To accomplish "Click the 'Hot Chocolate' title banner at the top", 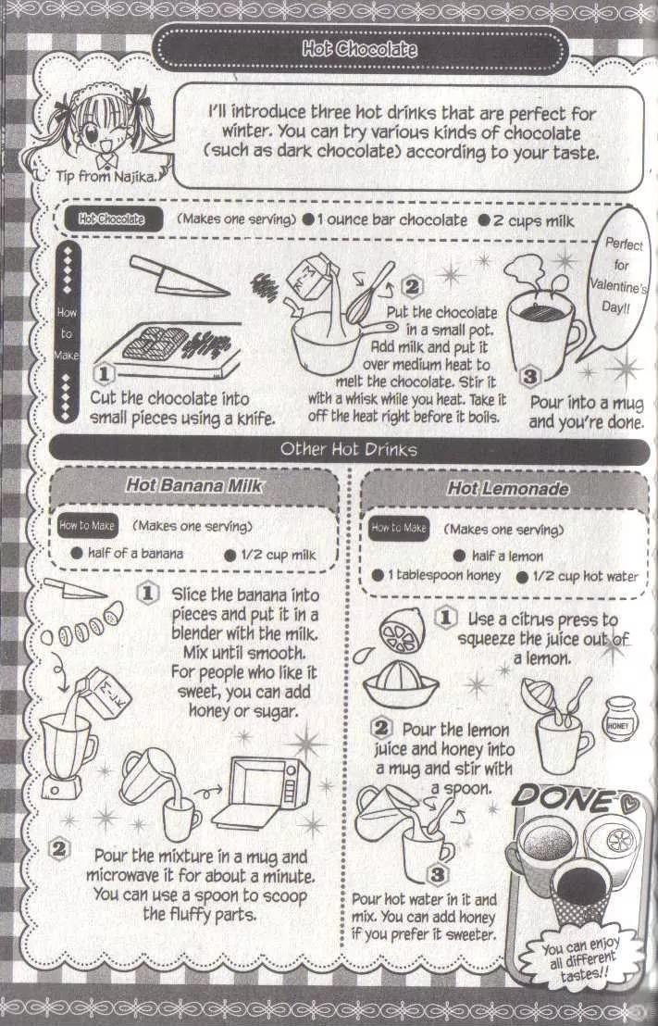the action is [360, 49].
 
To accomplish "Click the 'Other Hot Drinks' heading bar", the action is [349, 450].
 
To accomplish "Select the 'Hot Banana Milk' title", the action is [194, 485].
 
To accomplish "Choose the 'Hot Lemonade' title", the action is [507, 488].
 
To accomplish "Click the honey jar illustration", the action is [619, 719].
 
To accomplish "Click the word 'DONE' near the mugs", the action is [564, 799].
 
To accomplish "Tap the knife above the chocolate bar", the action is [178, 276].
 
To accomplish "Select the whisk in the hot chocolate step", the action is [369, 292].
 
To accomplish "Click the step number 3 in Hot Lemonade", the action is [436, 875].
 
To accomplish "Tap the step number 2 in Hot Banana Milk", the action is [59, 849].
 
